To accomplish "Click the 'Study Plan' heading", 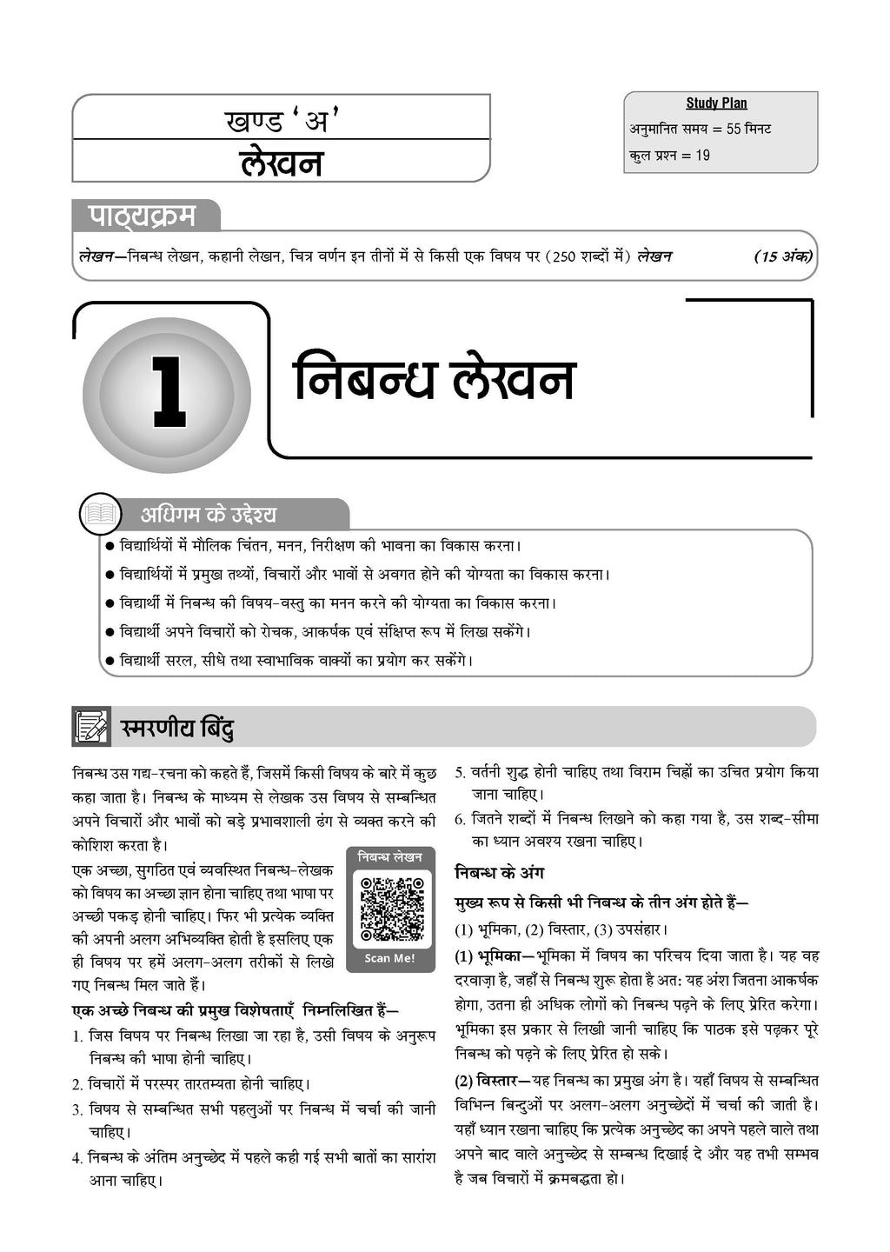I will coord(716,103).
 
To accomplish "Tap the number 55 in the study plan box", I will coord(733,130).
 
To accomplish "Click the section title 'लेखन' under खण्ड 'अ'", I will coord(281,163).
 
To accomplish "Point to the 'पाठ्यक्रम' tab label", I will coord(143,216).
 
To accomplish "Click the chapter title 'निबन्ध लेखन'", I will coord(434,378).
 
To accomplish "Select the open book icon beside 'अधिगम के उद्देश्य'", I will coord(100,514).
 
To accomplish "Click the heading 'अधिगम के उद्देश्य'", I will coord(209,515).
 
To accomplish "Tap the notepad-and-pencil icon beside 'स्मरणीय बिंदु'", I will coord(90,727).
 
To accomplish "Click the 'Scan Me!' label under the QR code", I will coord(389,958).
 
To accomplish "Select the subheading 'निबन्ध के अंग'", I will coord(499,873).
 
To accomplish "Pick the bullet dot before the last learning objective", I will coord(110,661).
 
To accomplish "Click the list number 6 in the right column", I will coord(460,819).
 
